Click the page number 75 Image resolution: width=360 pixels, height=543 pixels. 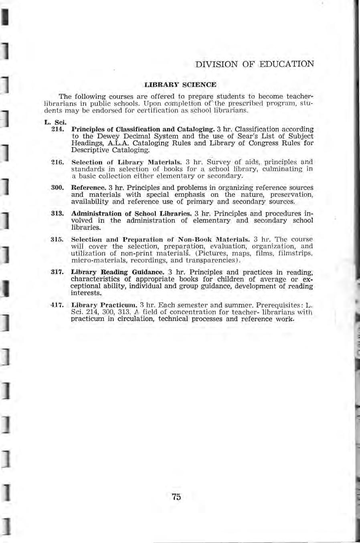click(176, 497)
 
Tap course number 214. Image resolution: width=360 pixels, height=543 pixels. click(58, 129)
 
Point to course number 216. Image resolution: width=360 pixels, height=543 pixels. click(58, 162)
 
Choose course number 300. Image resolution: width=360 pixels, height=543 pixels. click(58, 188)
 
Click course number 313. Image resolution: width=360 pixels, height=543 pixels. click(58, 214)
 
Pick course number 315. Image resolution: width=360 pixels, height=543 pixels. click(58, 239)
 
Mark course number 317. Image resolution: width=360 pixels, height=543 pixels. click(58, 272)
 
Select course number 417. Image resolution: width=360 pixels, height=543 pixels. click(58, 305)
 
